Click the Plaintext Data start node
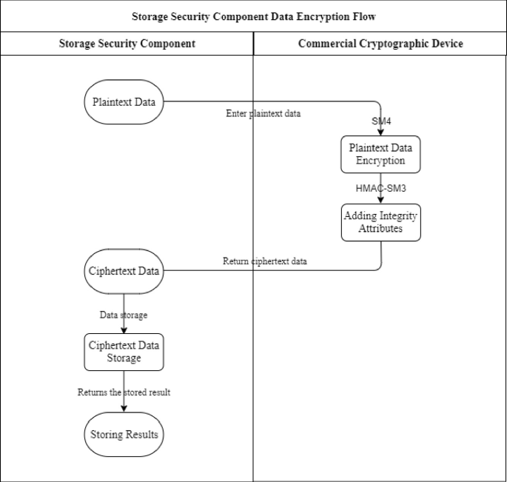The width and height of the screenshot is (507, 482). point(124,101)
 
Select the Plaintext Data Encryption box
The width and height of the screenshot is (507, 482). point(380,154)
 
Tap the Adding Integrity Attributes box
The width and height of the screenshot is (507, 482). point(380,222)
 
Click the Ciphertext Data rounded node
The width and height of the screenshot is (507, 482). point(124,270)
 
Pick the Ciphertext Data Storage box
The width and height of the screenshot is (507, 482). point(124,352)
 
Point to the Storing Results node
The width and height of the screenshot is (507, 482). point(124,434)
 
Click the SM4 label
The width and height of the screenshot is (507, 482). point(381,120)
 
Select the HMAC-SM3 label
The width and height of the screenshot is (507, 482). point(381,188)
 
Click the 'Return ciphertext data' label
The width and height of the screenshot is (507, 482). point(265,261)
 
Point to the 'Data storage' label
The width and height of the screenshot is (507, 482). point(124,315)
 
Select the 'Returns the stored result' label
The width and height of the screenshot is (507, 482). point(124,392)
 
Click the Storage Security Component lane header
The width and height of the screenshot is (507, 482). point(127,44)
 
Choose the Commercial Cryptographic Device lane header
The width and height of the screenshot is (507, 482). point(380,44)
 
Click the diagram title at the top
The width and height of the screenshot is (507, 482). point(254,16)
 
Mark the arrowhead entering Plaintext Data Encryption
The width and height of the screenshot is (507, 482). point(380,132)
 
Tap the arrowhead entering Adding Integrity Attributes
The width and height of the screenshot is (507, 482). point(380,200)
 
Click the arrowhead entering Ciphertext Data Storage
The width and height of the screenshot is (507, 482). point(124,329)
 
